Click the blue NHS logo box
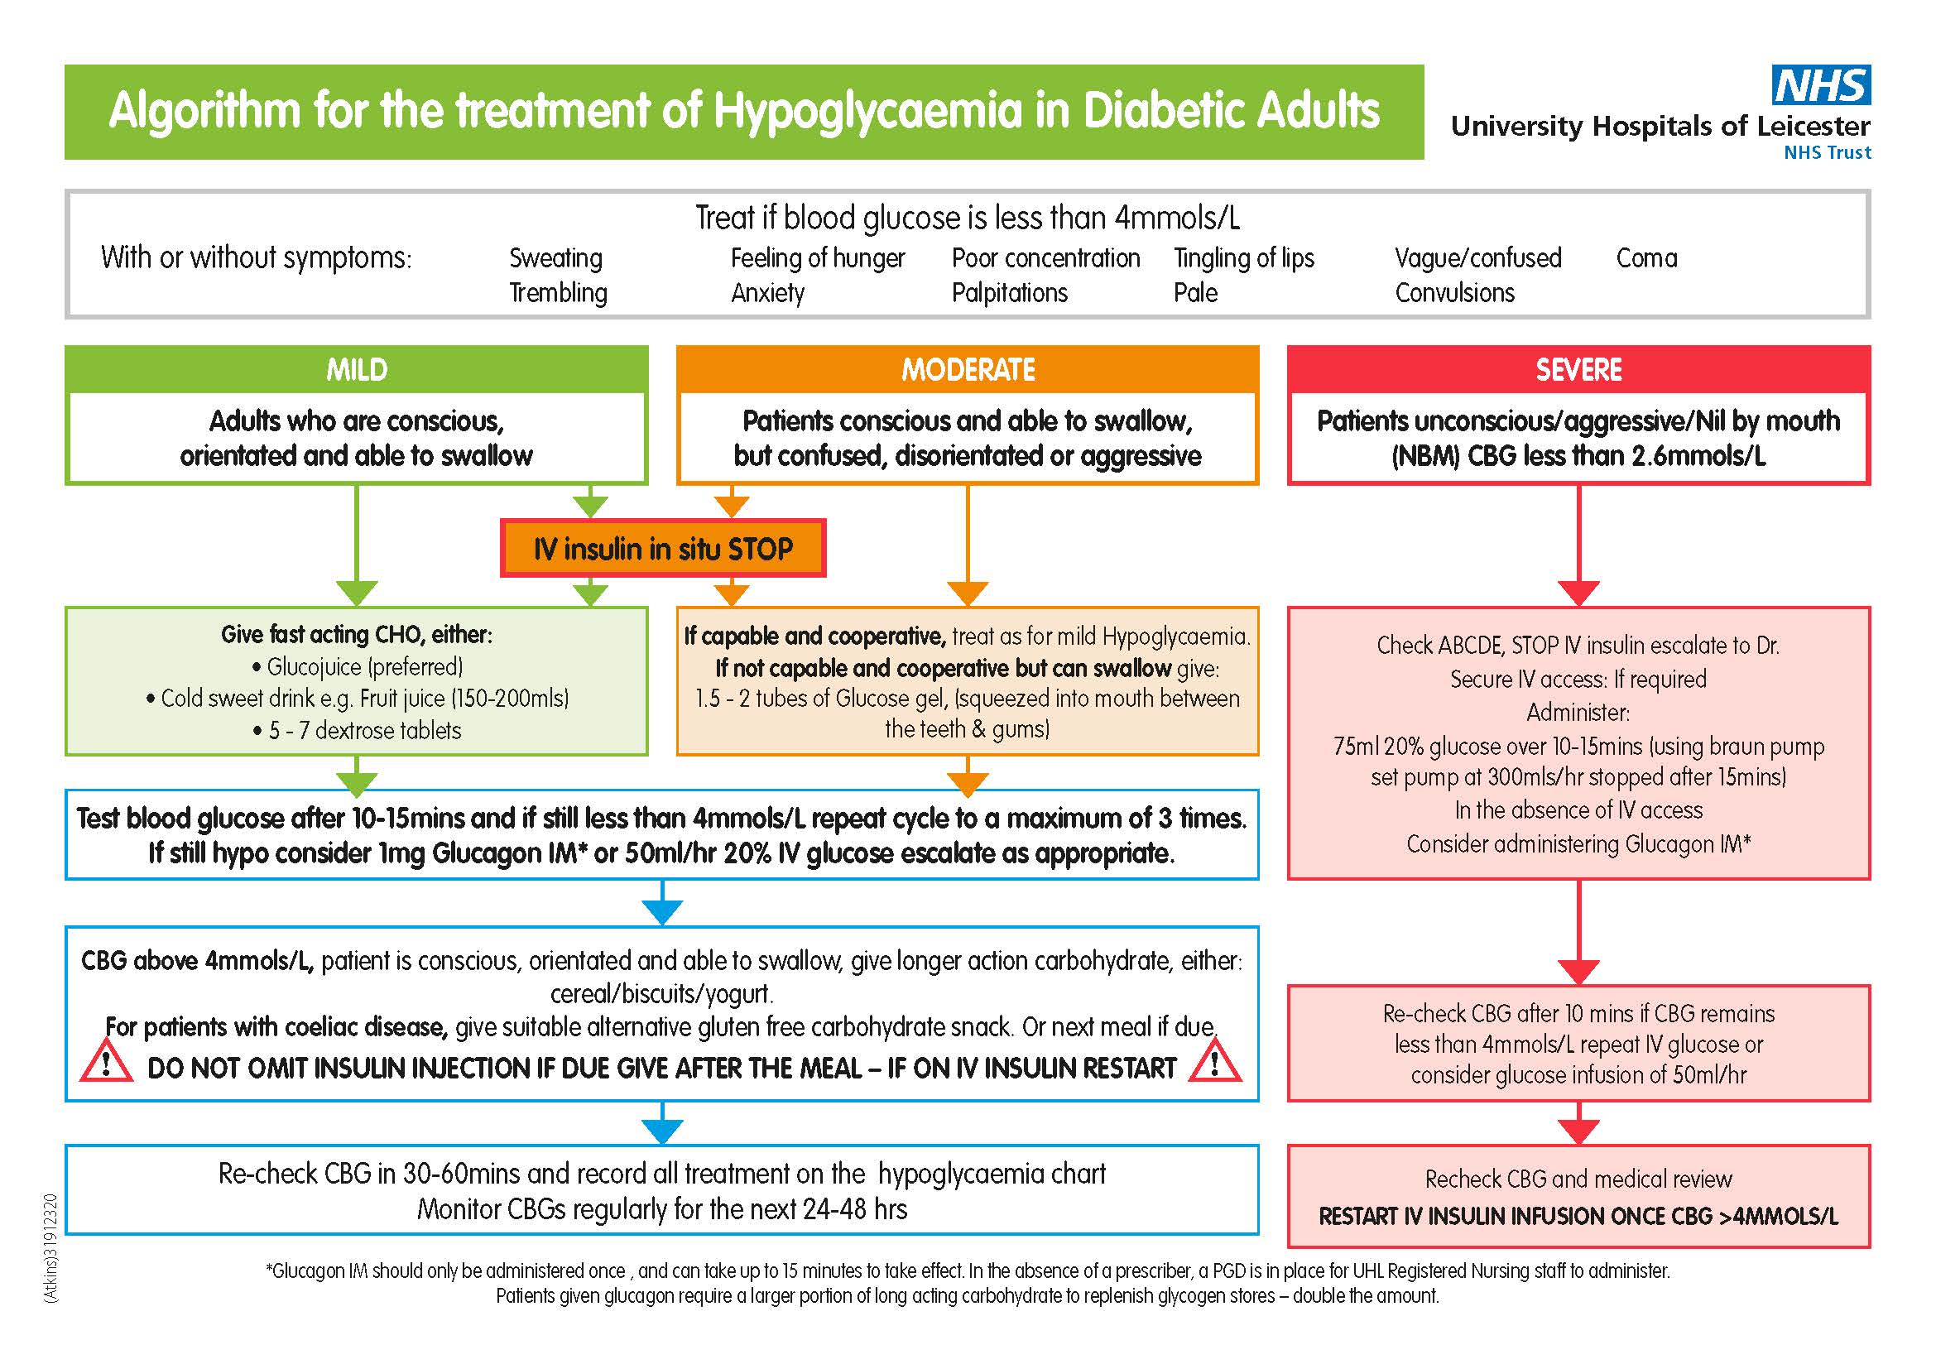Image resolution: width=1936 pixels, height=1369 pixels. (1820, 85)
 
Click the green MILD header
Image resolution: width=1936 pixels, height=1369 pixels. (357, 369)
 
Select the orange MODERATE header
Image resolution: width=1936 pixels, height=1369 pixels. (967, 369)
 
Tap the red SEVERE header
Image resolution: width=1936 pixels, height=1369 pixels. (1578, 369)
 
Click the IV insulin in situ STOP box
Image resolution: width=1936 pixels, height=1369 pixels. (663, 549)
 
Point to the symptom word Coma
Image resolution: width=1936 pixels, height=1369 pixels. (1646, 258)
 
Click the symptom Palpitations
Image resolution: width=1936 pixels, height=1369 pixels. (1009, 292)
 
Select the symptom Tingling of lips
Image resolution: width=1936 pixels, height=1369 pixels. (1244, 258)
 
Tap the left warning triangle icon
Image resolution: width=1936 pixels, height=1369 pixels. (106, 1062)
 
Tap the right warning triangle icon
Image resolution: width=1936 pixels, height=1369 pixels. (1214, 1062)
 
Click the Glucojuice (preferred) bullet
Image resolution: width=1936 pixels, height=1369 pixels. (358, 667)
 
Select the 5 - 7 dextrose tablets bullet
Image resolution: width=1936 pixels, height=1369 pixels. (358, 730)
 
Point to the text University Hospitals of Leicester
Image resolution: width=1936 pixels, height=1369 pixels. (1660, 127)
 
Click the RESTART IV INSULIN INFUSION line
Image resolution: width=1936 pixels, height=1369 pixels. (1578, 1217)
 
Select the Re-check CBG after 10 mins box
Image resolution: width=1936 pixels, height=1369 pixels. (1578, 1044)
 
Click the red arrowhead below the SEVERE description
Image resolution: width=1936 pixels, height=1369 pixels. (1578, 593)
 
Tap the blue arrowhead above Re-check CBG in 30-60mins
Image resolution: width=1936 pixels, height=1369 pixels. (662, 1131)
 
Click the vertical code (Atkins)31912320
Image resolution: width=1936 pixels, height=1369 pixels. (51, 1248)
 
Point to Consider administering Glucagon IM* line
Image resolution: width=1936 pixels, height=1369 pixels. (1578, 843)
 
